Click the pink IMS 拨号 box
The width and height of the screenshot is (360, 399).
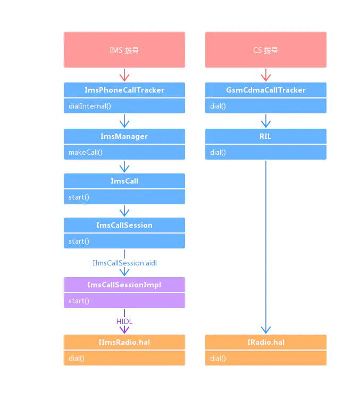pyautogui.click(x=124, y=50)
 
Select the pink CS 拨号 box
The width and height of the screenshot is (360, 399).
pyautogui.click(x=266, y=50)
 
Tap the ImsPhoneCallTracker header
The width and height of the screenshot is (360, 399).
pyautogui.click(x=124, y=90)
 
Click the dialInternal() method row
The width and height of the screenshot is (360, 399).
pyautogui.click(x=124, y=106)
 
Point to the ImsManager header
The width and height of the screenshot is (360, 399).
pyautogui.click(x=124, y=136)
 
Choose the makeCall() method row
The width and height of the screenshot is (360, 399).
pyautogui.click(x=124, y=152)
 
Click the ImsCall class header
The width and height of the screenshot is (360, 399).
pyautogui.click(x=124, y=181)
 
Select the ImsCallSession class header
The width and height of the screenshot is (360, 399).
pyautogui.click(x=124, y=225)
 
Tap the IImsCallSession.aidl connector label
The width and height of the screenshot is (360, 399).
pyautogui.click(x=125, y=263)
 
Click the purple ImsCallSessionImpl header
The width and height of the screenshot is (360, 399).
pyautogui.click(x=124, y=285)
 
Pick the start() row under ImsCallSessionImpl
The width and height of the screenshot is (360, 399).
pyautogui.click(x=124, y=301)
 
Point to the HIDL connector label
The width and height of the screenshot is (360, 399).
pyautogui.click(x=124, y=321)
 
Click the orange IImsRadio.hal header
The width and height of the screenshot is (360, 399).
pyautogui.click(x=124, y=342)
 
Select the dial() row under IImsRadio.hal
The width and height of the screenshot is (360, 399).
pyautogui.click(x=124, y=358)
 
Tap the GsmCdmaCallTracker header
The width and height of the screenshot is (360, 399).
pyautogui.click(x=266, y=90)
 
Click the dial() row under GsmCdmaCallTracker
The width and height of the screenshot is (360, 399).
pyautogui.click(x=266, y=106)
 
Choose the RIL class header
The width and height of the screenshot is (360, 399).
pyautogui.click(x=266, y=136)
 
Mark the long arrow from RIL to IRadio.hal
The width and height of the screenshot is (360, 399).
pyautogui.click(x=266, y=245)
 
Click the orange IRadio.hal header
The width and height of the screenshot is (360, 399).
pyautogui.click(x=266, y=342)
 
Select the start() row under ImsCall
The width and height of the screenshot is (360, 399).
pyautogui.click(x=124, y=197)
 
